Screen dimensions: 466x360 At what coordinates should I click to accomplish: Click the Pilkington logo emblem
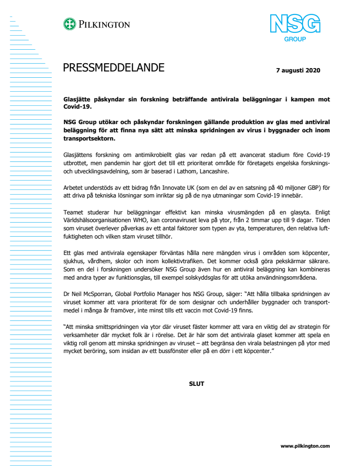click(69, 24)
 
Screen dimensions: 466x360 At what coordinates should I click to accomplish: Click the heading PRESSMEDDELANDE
click(113, 68)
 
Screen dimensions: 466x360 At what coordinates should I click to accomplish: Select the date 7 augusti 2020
click(298, 70)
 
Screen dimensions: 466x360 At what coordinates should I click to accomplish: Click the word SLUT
click(196, 384)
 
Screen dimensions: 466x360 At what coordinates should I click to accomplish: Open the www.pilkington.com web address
click(305, 446)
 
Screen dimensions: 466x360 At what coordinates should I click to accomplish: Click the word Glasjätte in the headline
click(78, 99)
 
